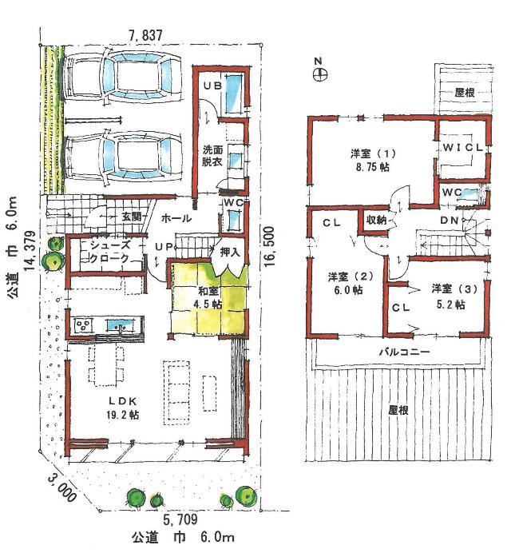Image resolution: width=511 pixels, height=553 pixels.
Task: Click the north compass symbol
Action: pyautogui.click(x=318, y=74)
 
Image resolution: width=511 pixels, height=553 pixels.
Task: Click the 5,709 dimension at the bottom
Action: pyautogui.click(x=180, y=519)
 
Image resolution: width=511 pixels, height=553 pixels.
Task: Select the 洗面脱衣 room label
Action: pyautogui.click(x=212, y=155)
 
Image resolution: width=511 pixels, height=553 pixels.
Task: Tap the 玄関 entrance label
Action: pyautogui.click(x=132, y=217)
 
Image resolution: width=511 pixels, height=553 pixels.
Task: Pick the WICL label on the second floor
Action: pyautogui.click(x=462, y=149)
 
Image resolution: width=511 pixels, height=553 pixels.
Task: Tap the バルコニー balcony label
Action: pyautogui.click(x=404, y=352)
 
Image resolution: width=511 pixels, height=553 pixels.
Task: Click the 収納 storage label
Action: pyautogui.click(x=377, y=220)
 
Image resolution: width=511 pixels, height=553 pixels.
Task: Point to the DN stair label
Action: pyautogui.click(x=448, y=221)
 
